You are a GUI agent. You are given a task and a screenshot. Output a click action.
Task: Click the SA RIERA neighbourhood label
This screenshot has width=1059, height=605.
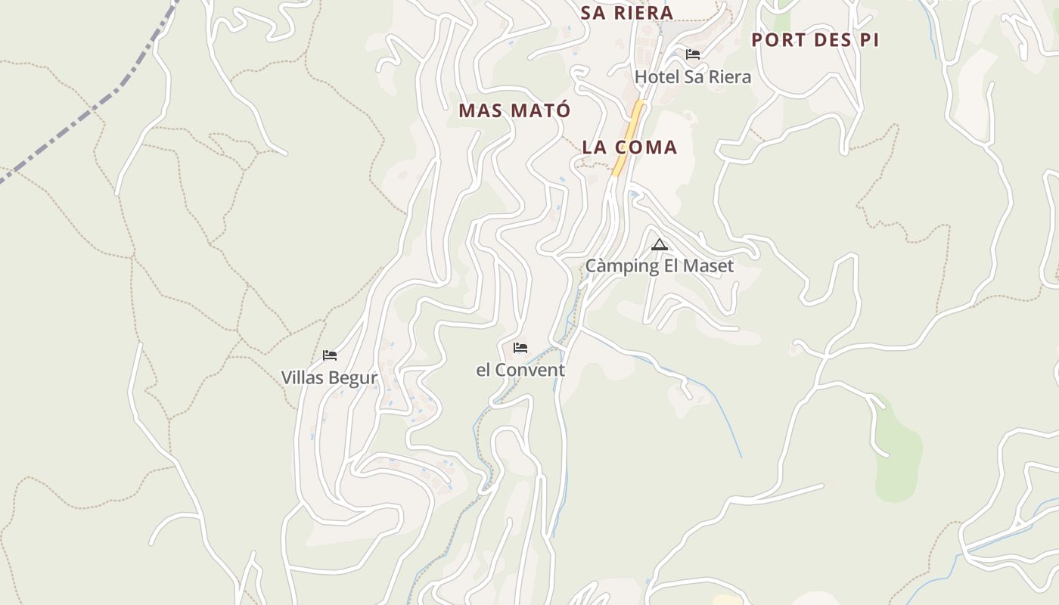point(626,13)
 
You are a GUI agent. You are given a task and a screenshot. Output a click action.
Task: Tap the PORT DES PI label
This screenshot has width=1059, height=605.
point(815,40)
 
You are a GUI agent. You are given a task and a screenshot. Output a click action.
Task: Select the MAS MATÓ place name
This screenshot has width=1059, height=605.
point(514,110)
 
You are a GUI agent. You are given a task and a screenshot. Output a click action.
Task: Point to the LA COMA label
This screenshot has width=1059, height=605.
point(629,147)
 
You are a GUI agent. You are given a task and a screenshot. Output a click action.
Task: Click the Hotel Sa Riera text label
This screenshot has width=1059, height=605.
point(692,77)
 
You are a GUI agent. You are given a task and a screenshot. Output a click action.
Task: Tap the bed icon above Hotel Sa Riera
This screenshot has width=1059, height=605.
point(692,54)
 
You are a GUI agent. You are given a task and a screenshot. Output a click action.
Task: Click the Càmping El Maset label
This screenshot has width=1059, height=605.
point(659,266)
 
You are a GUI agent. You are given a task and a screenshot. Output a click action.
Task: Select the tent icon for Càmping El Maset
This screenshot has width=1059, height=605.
point(660,244)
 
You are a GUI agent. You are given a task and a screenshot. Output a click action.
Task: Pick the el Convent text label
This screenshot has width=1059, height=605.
point(520,371)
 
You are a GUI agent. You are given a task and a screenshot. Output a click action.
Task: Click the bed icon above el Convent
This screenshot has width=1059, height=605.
point(520,348)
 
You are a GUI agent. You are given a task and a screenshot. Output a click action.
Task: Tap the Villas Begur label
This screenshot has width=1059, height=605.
point(329,377)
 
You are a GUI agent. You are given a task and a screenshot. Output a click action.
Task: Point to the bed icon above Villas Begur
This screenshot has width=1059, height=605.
point(330,355)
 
